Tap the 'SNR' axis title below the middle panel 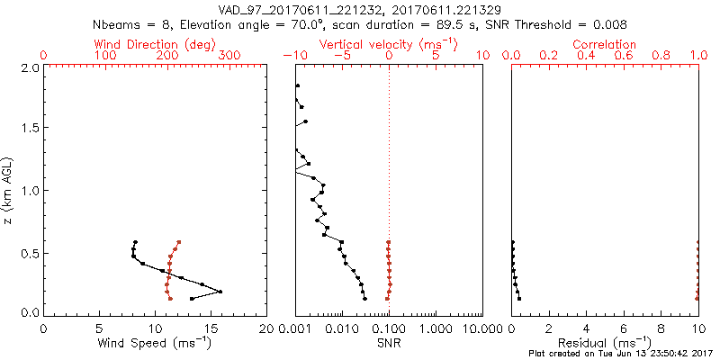(x=389, y=342)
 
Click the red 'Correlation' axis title (x=605, y=44)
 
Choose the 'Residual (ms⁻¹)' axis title (x=605, y=342)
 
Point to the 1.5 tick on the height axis (x=29, y=129)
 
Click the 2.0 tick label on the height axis (x=29, y=67)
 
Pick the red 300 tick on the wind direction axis (x=229, y=56)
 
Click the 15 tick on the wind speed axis (x=211, y=328)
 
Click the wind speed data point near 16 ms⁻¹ (x=220, y=291)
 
